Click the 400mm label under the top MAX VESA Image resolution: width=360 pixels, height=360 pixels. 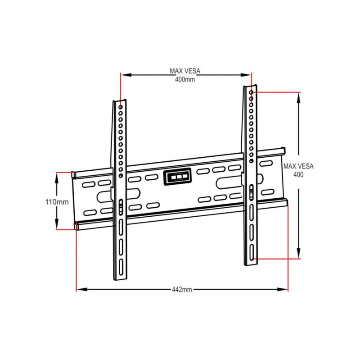coord(184,79)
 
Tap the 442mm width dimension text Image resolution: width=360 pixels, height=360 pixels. coord(182,289)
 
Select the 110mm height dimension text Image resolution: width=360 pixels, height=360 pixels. coord(57,202)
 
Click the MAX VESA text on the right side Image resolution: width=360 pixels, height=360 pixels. coord(298,166)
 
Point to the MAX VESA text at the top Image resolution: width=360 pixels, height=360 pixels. coord(184,71)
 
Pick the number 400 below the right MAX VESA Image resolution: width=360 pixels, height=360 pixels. coord(298,174)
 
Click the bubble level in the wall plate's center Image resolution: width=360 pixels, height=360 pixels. coord(177,177)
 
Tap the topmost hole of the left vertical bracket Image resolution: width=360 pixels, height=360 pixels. coord(121,107)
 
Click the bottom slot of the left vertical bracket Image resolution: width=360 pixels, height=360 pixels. coord(121,267)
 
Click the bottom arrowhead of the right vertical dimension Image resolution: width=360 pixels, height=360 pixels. coord(298,255)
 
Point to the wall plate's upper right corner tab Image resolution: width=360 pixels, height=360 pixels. coord(283,149)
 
